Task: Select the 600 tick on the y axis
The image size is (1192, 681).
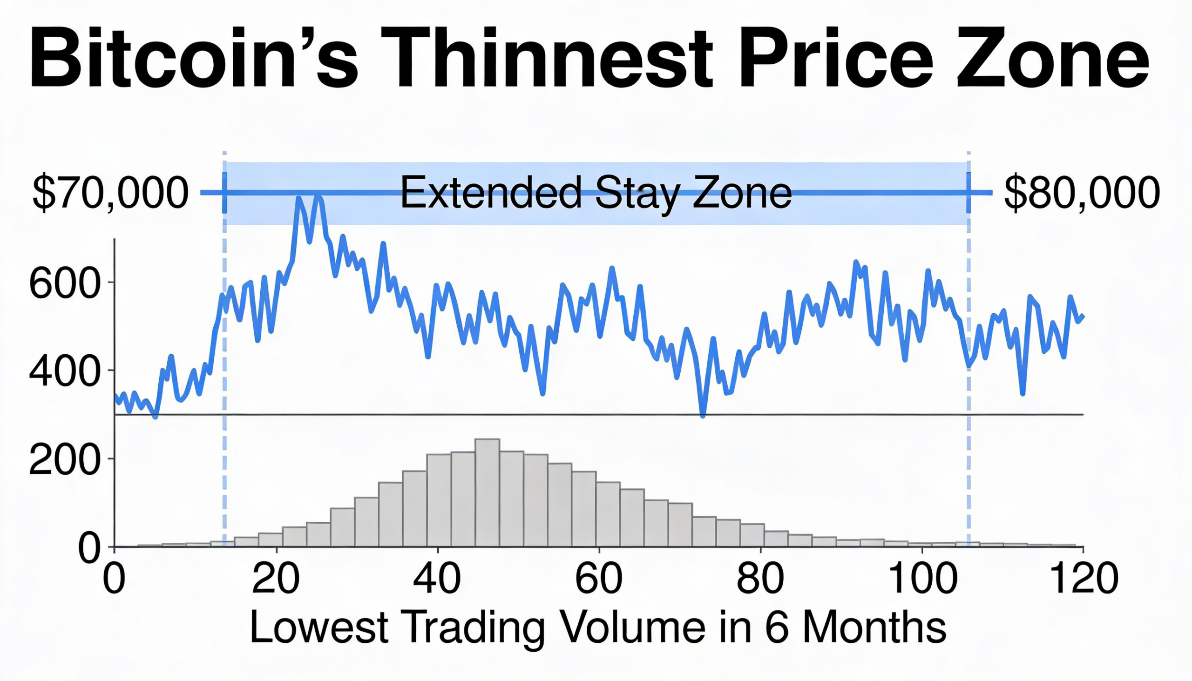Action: pyautogui.click(x=65, y=283)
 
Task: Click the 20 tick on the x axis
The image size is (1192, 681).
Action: pyautogui.click(x=276, y=580)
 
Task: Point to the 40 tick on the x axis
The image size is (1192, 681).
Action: pyautogui.click(x=437, y=580)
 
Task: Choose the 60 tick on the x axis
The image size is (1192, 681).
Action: pyautogui.click(x=599, y=580)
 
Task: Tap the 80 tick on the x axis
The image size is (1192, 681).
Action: pyautogui.click(x=760, y=580)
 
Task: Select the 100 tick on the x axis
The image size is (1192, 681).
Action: pyautogui.click(x=921, y=580)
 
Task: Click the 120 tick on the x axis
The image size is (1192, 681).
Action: pyautogui.click(x=1084, y=580)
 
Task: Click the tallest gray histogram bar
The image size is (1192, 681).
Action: pyautogui.click(x=488, y=493)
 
